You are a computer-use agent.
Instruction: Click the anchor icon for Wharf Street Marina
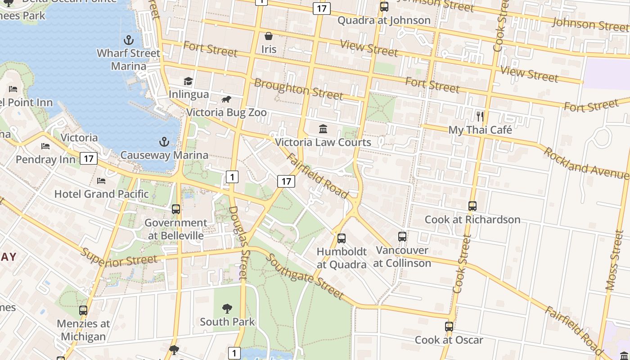click(129, 40)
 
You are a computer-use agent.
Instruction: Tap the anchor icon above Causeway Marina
click(164, 142)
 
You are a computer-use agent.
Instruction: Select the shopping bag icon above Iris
click(269, 36)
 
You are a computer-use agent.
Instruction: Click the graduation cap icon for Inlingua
click(188, 81)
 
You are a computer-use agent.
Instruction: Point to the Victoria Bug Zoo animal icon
click(226, 99)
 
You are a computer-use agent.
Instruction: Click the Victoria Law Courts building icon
click(323, 129)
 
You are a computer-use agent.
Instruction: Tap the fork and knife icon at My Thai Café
click(480, 117)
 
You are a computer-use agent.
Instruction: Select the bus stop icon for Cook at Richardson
click(472, 206)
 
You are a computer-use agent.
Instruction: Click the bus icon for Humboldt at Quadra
click(342, 238)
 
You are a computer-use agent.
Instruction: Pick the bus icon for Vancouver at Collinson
click(402, 236)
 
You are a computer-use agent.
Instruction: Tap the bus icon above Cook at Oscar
click(449, 327)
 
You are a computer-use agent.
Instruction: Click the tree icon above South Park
click(227, 308)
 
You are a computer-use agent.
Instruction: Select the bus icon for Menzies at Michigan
click(83, 310)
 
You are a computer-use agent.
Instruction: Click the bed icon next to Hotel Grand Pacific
click(101, 181)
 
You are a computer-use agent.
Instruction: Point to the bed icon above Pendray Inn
click(45, 146)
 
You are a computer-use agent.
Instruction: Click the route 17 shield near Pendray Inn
click(89, 158)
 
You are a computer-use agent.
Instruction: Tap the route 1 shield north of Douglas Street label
click(232, 177)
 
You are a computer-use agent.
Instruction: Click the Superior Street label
click(119, 257)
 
